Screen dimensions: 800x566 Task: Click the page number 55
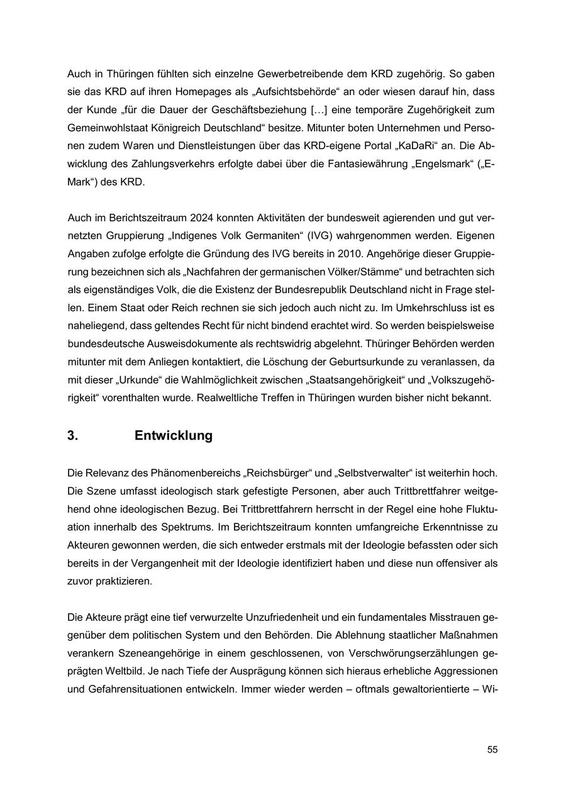point(492,750)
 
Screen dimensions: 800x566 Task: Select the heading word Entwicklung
point(173,435)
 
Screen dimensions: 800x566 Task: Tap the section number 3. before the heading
point(73,435)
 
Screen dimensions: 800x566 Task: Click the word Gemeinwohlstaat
point(106,127)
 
